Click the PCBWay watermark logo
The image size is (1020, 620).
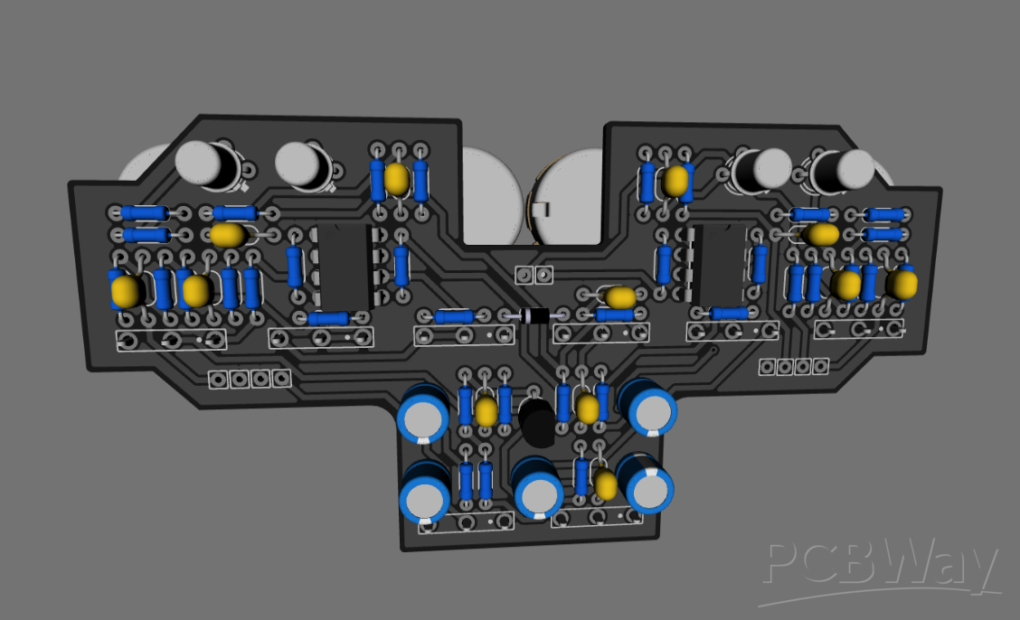[882, 568]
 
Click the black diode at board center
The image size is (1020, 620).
[534, 315]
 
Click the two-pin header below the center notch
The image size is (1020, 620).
[533, 274]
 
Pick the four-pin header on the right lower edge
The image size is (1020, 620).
[793, 366]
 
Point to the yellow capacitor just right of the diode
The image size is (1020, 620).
[620, 296]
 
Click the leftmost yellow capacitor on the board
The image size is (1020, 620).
[126, 291]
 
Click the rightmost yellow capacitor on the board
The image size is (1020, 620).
[901, 284]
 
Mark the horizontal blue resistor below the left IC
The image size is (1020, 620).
[328, 318]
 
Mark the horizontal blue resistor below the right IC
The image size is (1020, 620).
[729, 313]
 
